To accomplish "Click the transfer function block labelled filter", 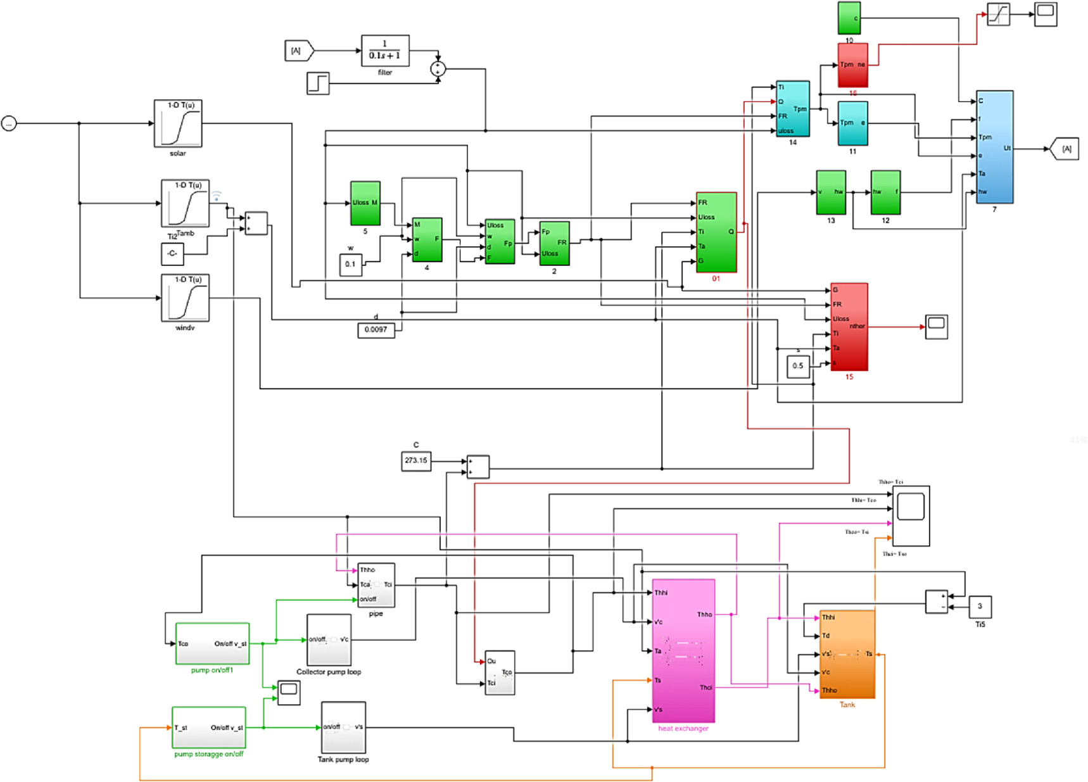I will click(x=385, y=51).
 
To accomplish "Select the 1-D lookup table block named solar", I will click(x=178, y=123).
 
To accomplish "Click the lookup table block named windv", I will click(x=185, y=298).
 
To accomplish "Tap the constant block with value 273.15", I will click(x=416, y=460).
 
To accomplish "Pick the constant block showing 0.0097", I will click(x=376, y=329).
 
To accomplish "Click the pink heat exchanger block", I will click(x=683, y=651).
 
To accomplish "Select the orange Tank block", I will click(x=847, y=654).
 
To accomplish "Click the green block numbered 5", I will click(x=365, y=203).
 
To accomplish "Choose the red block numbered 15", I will click(x=849, y=327).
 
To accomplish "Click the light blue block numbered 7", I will click(x=994, y=147).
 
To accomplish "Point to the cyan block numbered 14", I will click(x=793, y=108).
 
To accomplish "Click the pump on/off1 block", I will click(x=212, y=644).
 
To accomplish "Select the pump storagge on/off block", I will click(x=209, y=728).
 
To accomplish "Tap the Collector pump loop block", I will click(x=329, y=640).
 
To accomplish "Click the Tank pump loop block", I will click(x=343, y=727).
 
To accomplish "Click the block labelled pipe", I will click(x=376, y=584).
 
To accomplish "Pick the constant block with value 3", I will click(x=980, y=607).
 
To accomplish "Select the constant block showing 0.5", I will click(x=798, y=366).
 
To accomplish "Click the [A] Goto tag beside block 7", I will click(x=1066, y=149).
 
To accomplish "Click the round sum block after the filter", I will click(x=438, y=69).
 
